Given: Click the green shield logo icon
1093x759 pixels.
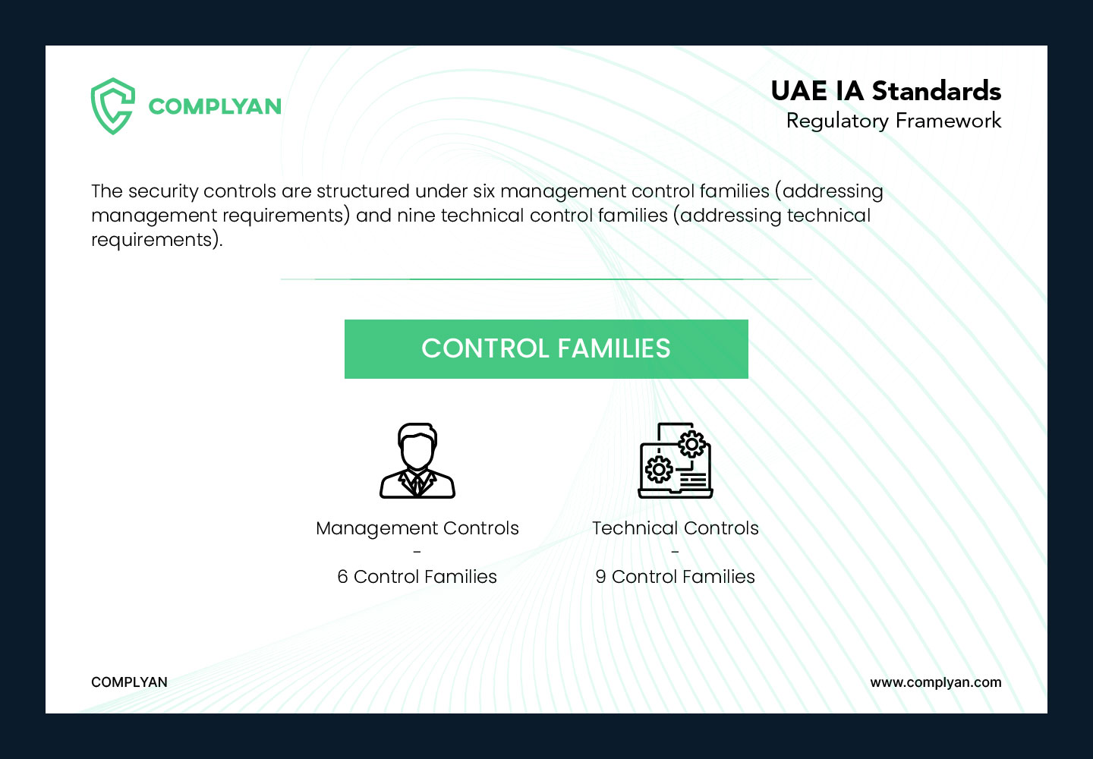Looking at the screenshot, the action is pos(112,106).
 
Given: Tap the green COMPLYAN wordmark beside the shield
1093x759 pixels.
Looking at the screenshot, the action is pos(215,106).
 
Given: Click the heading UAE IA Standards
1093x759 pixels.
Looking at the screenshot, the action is pos(886,91).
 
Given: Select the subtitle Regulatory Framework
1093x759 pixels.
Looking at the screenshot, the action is pos(893,121).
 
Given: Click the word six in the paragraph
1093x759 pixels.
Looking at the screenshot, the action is pos(484,191).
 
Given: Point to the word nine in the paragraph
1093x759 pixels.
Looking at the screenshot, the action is pos(416,215).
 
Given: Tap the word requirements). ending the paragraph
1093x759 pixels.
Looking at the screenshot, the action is pos(156,240).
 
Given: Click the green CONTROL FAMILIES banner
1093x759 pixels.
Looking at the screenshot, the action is pos(546,349).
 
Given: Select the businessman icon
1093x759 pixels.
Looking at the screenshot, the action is pos(417,461).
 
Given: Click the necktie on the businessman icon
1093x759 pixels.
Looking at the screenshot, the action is pos(417,483).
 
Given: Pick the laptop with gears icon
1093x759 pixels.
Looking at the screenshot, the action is pos(676,461).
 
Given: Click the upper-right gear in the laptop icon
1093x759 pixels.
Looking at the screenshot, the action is pos(691,444).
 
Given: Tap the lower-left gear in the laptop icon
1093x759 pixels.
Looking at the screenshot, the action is pos(659,470).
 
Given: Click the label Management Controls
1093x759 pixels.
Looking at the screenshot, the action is pos(417,528).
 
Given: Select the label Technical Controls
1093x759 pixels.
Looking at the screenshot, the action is pos(676,528).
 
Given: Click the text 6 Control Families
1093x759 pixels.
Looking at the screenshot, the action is pos(417,577).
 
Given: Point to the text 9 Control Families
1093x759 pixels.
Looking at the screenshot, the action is pos(676,577).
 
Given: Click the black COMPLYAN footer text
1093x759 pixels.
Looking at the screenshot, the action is pos(129,682).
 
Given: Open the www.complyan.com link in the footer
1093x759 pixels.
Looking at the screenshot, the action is pos(936,682).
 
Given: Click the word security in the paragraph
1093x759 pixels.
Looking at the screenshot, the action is pos(163,192).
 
